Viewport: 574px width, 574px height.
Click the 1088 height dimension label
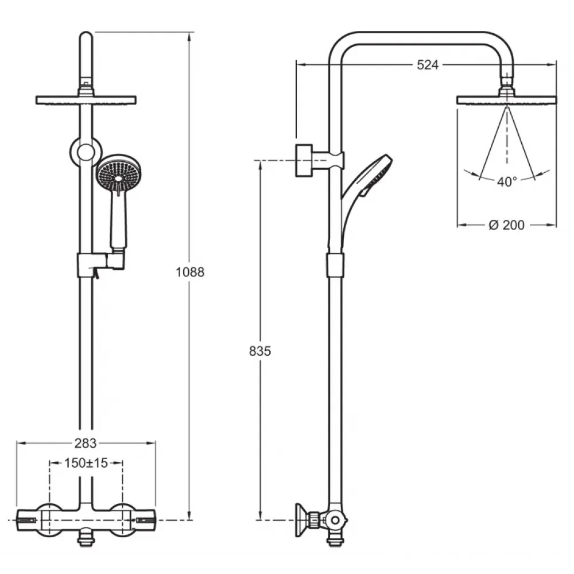tap(190, 272)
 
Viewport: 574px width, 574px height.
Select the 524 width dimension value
tap(428, 65)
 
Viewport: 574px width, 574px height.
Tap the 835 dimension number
tap(260, 351)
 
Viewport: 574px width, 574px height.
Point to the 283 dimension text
tap(86, 443)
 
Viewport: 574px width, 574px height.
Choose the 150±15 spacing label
tap(86, 463)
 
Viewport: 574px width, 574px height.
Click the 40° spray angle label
tap(507, 181)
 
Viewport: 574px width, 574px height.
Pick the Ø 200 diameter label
tap(507, 225)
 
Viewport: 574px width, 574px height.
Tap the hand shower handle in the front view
tap(119, 220)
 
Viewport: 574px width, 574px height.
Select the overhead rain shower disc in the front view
tap(86, 100)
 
